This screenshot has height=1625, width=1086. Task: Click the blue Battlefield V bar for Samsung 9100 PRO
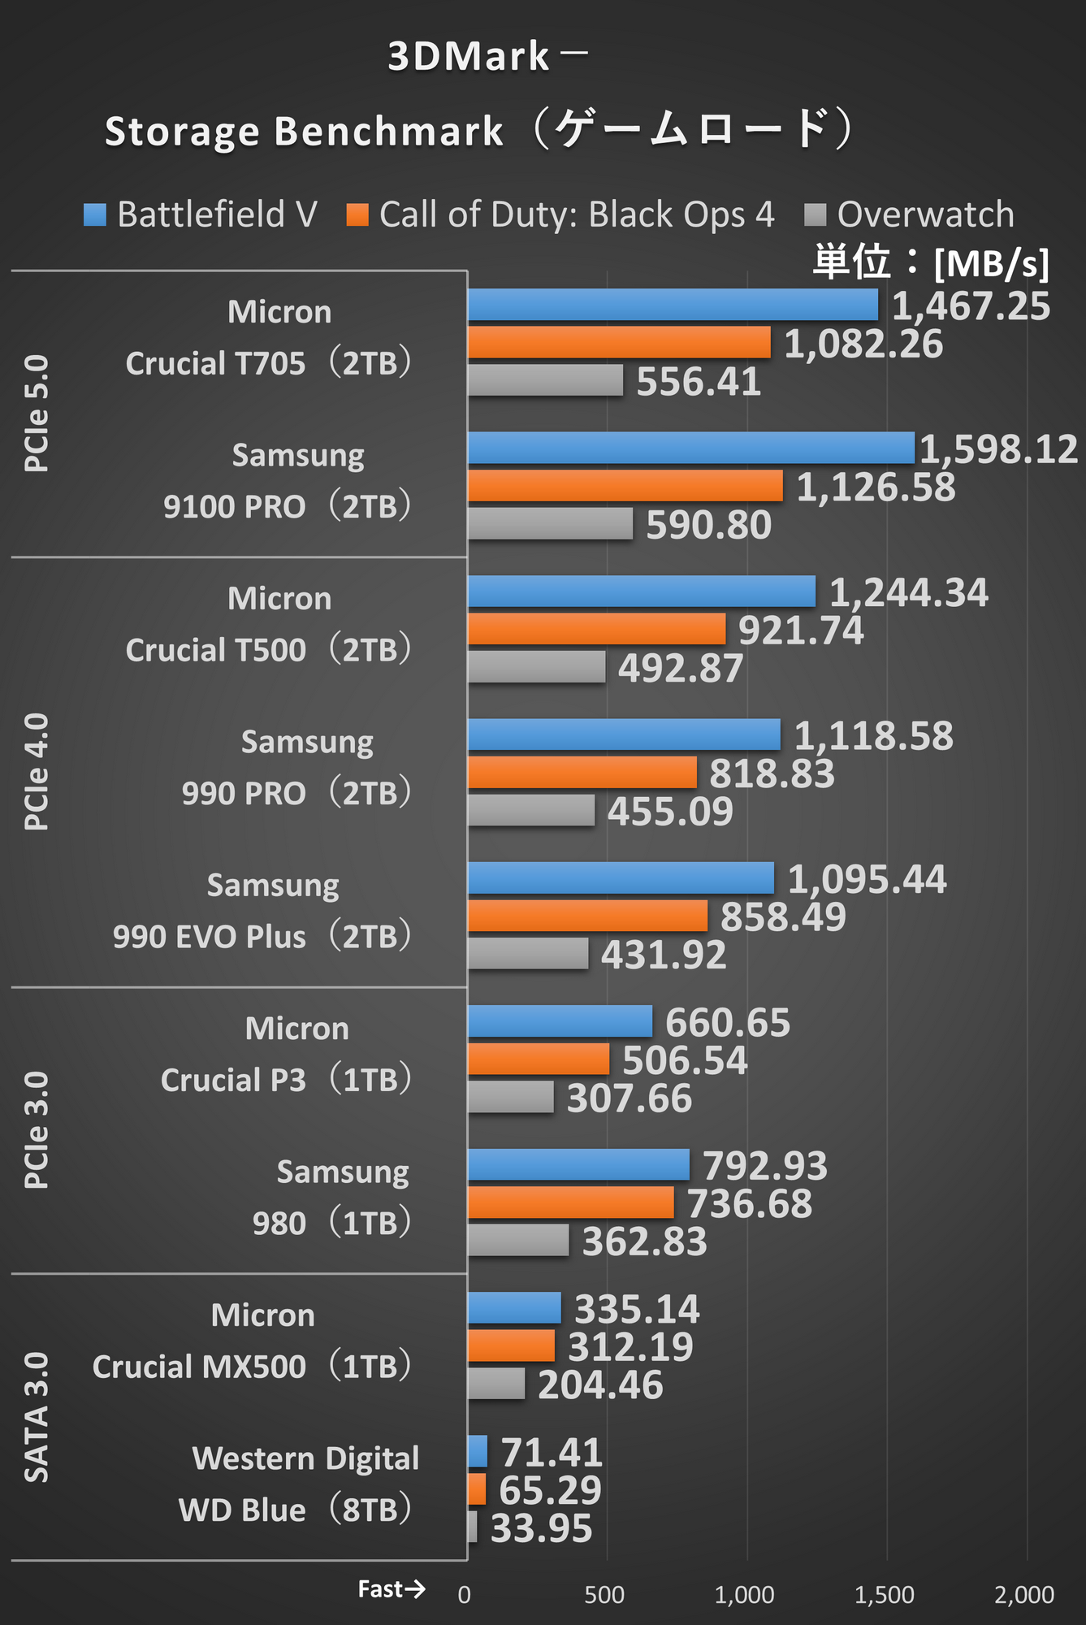click(x=690, y=448)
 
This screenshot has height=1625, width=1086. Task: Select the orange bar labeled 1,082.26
click(x=619, y=342)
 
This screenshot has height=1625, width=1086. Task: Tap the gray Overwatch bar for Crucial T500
click(x=536, y=667)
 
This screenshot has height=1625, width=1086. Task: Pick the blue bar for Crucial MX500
click(x=514, y=1307)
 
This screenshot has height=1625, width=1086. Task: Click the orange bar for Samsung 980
click(x=570, y=1202)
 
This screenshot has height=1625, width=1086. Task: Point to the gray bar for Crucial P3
click(x=510, y=1097)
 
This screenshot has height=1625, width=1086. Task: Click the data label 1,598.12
click(x=999, y=449)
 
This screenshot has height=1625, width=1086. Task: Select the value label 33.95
click(x=542, y=1528)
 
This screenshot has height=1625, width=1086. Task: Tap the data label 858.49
click(x=783, y=916)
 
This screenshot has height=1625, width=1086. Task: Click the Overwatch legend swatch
click(x=815, y=214)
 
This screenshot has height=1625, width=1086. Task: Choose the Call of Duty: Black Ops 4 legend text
click(x=577, y=214)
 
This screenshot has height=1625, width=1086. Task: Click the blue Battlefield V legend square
click(x=95, y=214)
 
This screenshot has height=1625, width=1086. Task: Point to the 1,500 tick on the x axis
click(x=884, y=1595)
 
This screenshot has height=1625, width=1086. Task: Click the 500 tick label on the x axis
click(x=604, y=1595)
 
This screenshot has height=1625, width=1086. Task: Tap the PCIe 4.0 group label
click(x=37, y=772)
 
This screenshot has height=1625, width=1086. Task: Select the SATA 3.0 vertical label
click(x=37, y=1417)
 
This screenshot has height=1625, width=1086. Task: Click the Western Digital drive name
click(x=305, y=1458)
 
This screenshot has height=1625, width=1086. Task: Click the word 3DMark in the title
click(x=469, y=57)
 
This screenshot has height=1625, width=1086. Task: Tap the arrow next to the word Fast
click(x=415, y=1588)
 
